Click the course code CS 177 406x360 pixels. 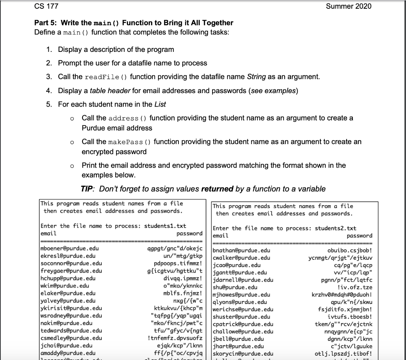pyautogui.click(x=47, y=6)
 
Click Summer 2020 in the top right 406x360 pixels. pyautogui.click(x=349, y=6)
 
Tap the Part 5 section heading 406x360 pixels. pyautogui.click(x=134, y=23)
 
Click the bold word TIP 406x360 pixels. pyautogui.click(x=87, y=189)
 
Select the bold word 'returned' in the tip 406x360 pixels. pyautogui.click(x=217, y=189)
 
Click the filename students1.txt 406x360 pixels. pyautogui.click(x=165, y=226)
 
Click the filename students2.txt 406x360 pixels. pyautogui.click(x=335, y=229)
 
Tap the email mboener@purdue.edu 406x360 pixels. pyautogui.click(x=70, y=249)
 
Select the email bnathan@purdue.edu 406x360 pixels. pyautogui.click(x=241, y=251)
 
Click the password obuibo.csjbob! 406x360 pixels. pyautogui.click(x=350, y=251)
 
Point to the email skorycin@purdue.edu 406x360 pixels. pyautogui.click(x=243, y=353)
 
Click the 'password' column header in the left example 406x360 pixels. pyautogui.click(x=189, y=234)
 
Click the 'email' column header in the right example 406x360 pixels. pyautogui.click(x=220, y=236)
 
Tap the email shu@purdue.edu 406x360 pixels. pyautogui.click(x=235, y=287)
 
